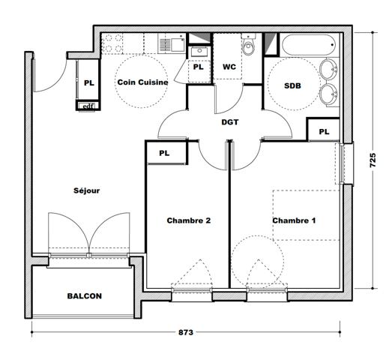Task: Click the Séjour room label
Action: tap(87, 190)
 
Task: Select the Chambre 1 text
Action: tap(294, 220)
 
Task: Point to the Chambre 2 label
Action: tap(188, 220)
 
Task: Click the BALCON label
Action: tap(83, 296)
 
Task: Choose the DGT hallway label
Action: tap(230, 121)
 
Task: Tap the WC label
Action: tap(229, 67)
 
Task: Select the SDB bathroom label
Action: tap(292, 85)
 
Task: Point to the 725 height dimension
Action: tap(373, 160)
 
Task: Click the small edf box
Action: tap(88, 106)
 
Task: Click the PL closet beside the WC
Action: tap(199, 67)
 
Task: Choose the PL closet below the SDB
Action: tap(324, 131)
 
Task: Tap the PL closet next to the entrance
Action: tap(88, 82)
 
